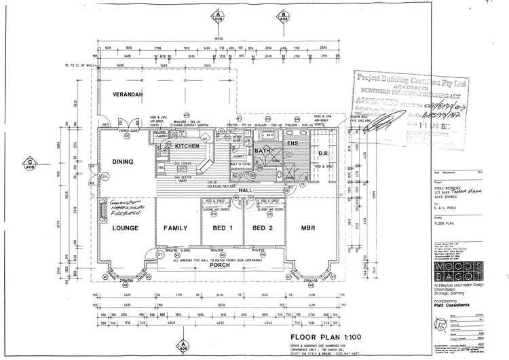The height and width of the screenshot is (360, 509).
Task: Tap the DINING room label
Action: [123, 162]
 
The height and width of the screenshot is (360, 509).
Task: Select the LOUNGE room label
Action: [126, 228]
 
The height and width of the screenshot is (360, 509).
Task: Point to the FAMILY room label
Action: [177, 228]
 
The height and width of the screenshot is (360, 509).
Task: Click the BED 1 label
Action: [223, 228]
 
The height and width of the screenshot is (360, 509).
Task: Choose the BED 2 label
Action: [265, 228]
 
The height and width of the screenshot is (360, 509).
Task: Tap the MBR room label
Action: [306, 228]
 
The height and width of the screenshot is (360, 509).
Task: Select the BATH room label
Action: [263, 150]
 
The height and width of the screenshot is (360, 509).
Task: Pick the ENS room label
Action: [293, 143]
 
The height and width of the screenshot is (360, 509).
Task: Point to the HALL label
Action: [245, 190]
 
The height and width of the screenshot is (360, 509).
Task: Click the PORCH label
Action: [220, 264]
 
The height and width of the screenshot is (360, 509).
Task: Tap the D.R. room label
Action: [324, 154]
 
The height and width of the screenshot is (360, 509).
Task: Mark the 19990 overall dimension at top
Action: [221, 39]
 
